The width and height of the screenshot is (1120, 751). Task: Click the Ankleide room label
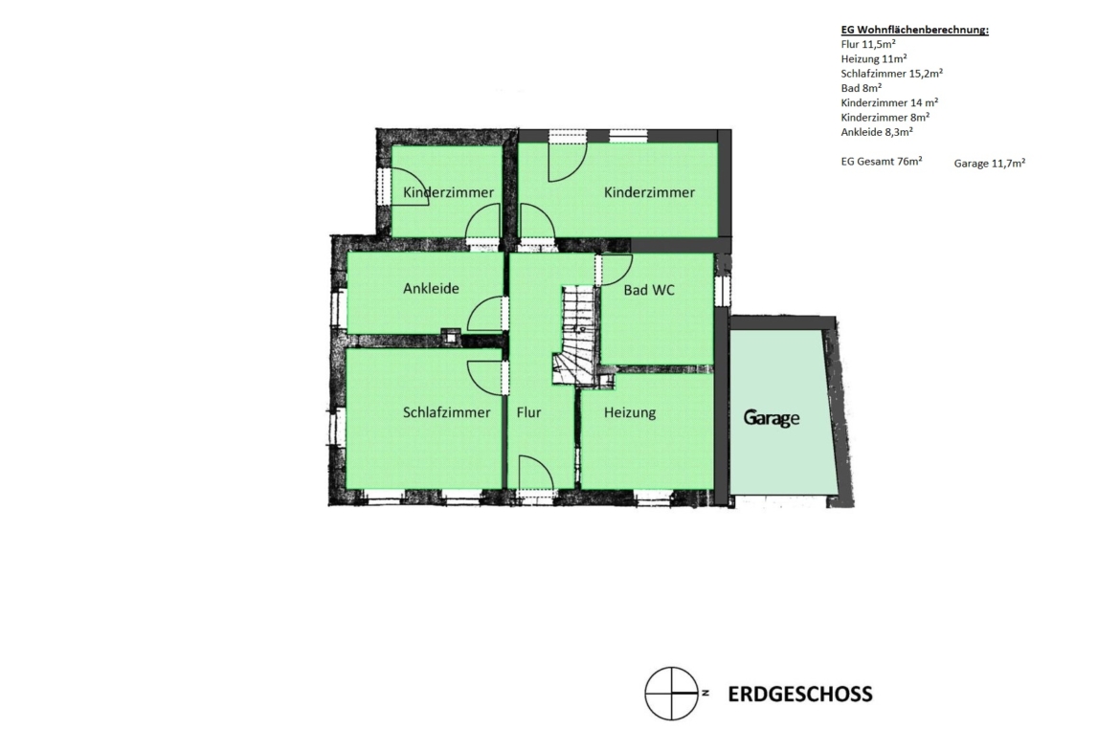click(x=431, y=288)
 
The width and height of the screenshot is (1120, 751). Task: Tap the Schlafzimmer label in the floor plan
click(x=446, y=412)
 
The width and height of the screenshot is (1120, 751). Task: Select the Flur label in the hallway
click(x=528, y=412)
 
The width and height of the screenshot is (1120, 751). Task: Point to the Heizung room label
click(x=629, y=412)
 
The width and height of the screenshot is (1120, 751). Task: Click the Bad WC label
click(x=649, y=290)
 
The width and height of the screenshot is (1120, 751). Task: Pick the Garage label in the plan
click(x=772, y=418)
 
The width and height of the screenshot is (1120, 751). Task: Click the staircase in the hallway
click(x=575, y=336)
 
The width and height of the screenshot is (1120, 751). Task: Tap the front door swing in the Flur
click(x=536, y=473)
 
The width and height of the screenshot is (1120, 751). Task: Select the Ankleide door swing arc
click(x=485, y=314)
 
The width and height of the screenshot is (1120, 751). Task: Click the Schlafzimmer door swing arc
click(x=485, y=377)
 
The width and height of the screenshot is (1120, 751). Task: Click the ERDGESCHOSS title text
click(x=800, y=694)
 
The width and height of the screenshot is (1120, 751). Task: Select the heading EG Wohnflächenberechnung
click(x=914, y=30)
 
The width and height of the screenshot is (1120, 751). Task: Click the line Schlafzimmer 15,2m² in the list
click(x=891, y=74)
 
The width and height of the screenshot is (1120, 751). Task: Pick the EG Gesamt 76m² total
click(x=882, y=162)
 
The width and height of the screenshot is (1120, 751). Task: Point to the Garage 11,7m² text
click(x=989, y=163)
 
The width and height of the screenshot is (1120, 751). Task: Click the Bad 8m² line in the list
click(x=861, y=88)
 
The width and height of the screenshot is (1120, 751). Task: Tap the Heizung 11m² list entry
click(x=874, y=58)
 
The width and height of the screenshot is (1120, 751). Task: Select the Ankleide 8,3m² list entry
click(x=877, y=132)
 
